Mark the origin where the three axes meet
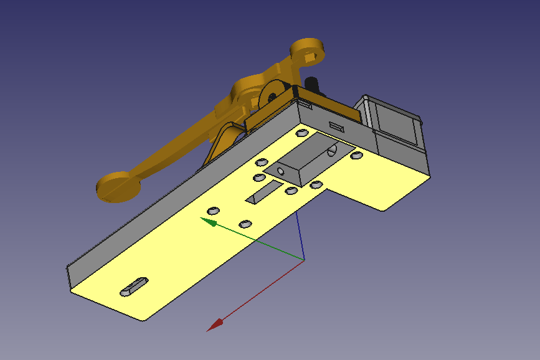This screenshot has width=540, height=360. point(303,258)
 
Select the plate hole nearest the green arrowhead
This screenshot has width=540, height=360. point(213,210)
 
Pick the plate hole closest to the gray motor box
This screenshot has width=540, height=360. point(357,155)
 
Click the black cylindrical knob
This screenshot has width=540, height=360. point(311,84)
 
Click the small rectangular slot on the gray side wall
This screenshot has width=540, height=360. point(336,126)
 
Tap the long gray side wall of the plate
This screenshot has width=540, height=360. point(174,187)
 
